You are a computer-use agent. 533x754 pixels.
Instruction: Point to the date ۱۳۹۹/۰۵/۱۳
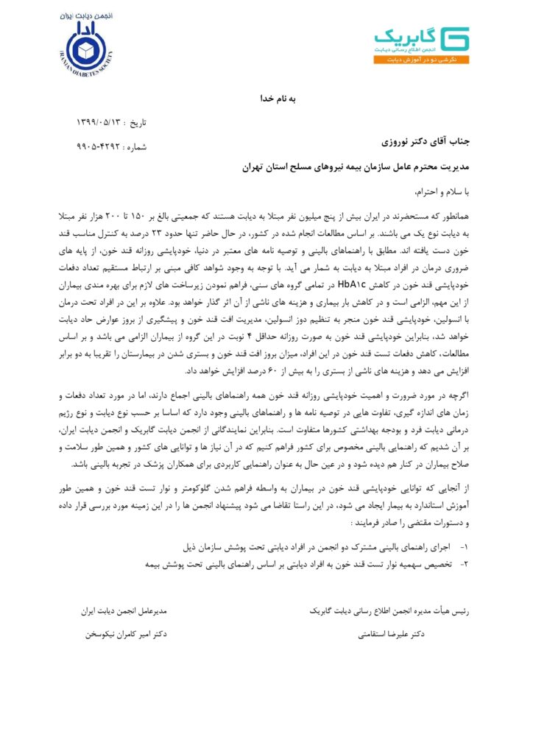101,121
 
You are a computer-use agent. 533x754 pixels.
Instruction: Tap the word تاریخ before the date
135,121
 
